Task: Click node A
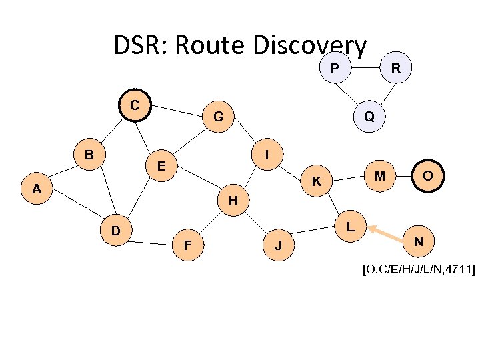[37, 189]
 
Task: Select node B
[89, 155]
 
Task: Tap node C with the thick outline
[135, 105]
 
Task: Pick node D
[115, 231]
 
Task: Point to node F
[188, 245]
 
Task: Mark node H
[233, 199]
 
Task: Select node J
[279, 245]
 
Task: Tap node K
[317, 181]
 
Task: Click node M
[380, 175]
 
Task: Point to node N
[419, 240]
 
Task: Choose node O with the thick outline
[427, 175]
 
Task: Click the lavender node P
[334, 68]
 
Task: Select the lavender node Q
[369, 116]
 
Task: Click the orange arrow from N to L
[388, 233]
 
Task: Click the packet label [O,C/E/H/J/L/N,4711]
[419, 269]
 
